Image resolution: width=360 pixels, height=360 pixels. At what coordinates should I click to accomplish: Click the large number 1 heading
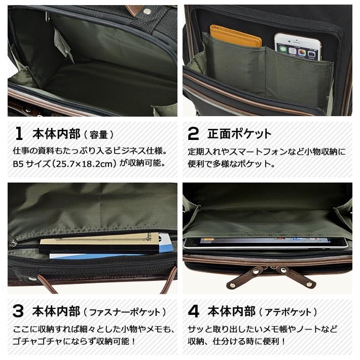click(19, 134)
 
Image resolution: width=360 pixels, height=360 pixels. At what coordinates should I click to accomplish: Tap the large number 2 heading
click(193, 134)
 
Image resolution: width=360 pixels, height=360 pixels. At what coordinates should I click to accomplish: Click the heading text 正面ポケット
click(239, 134)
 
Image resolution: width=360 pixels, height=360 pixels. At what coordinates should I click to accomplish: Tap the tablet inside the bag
click(266, 242)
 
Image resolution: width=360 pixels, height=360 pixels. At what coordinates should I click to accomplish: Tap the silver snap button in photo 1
click(147, 11)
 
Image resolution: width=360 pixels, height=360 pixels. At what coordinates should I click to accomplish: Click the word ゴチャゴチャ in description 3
click(35, 341)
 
